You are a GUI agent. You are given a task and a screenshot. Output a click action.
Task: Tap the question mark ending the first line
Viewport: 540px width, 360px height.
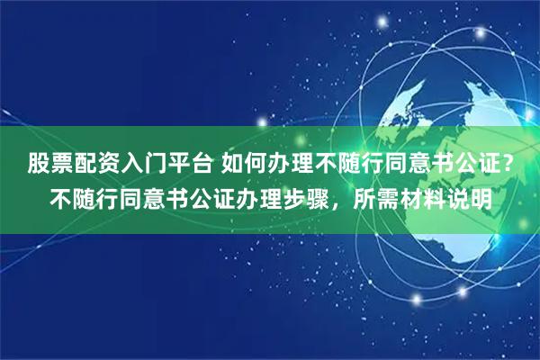pos(510,164)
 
